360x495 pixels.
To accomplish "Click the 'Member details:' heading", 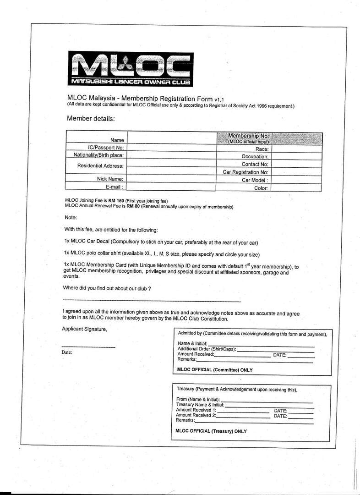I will (x=91, y=118).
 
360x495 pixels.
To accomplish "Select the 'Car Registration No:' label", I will (x=245, y=172).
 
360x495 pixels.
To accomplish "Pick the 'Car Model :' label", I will (x=255, y=180).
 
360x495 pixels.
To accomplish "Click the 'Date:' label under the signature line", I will (x=67, y=352).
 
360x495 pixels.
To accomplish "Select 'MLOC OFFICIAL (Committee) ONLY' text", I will (x=214, y=369).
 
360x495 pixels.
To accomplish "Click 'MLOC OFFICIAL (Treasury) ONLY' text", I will (x=211, y=431).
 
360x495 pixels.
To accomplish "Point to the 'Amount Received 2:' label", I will (x=196, y=415).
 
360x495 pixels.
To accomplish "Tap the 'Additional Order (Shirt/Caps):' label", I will (x=207, y=349).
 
